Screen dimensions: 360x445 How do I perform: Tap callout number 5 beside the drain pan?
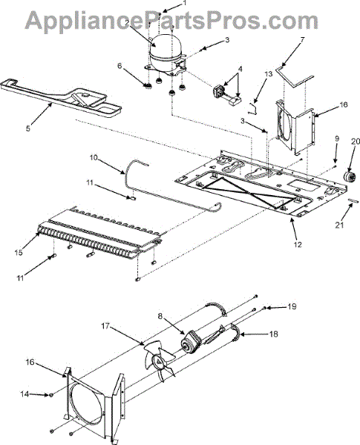point(27,128)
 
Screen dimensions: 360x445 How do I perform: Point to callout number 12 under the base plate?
point(298,244)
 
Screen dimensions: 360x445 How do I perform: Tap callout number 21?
point(339,225)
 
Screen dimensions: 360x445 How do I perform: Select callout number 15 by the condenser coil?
point(19,252)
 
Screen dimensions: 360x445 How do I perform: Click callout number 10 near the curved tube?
point(94,157)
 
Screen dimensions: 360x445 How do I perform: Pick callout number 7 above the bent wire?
point(302,39)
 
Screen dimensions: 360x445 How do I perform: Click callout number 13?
point(268,73)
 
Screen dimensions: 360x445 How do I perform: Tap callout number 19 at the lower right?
point(292,306)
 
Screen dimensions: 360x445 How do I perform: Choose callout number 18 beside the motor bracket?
point(273,334)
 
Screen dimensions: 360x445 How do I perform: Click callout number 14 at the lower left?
point(24,394)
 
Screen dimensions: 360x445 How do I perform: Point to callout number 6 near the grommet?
point(120,66)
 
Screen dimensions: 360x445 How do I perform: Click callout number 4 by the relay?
point(240,69)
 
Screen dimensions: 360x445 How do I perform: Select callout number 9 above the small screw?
point(337,139)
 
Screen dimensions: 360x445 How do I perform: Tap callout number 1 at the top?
point(185,3)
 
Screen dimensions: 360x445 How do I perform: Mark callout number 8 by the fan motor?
point(160,316)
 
